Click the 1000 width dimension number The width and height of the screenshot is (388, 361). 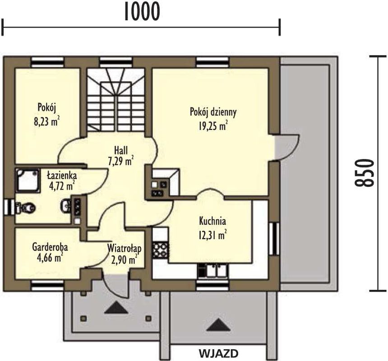click(x=142, y=11)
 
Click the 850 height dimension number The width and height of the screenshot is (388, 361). click(x=363, y=172)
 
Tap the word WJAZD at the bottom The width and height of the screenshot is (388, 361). click(x=218, y=353)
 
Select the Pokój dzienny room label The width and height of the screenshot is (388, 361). click(x=213, y=112)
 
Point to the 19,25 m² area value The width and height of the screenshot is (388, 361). click(x=213, y=126)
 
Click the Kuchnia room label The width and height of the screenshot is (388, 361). click(x=212, y=221)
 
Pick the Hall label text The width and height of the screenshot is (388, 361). click(x=121, y=150)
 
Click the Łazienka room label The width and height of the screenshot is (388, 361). click(x=62, y=176)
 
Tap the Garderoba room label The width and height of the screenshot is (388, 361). click(x=50, y=247)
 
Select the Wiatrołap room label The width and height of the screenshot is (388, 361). click(x=125, y=248)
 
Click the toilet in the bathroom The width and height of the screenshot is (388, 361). click(x=24, y=207)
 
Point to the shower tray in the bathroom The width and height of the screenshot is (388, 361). click(x=28, y=180)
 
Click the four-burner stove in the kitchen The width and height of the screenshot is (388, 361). click(x=161, y=250)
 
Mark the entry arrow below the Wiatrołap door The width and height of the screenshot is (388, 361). click(x=116, y=308)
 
